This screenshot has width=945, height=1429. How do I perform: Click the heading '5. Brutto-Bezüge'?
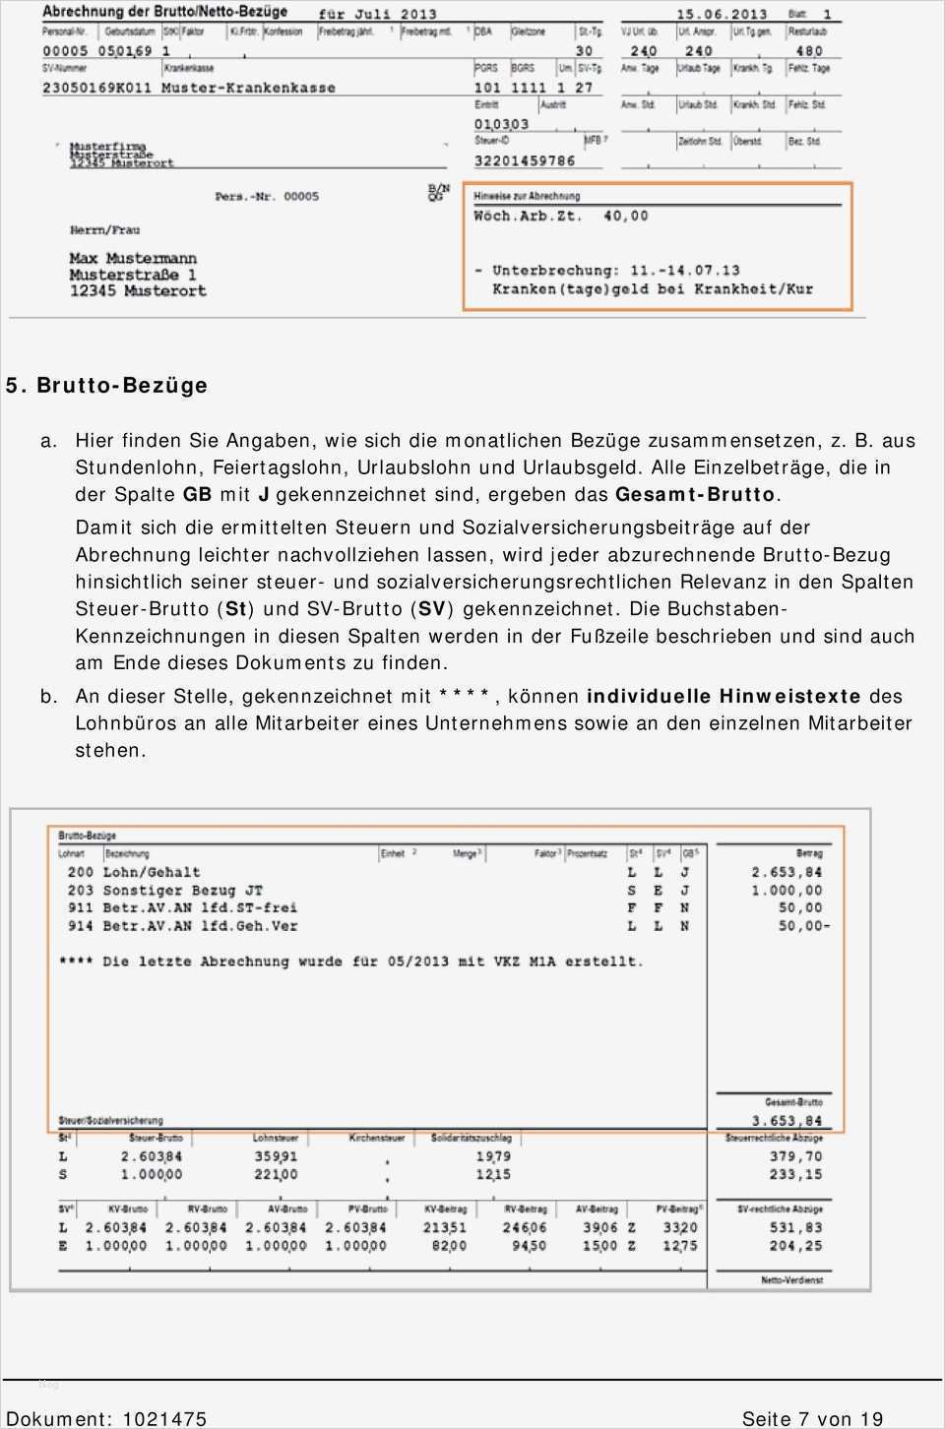(106, 385)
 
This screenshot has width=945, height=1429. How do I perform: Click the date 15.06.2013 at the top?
(722, 14)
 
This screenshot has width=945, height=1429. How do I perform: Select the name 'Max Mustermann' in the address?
(133, 258)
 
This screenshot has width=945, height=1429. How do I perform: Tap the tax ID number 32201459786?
(524, 160)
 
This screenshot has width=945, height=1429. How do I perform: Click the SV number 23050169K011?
(96, 88)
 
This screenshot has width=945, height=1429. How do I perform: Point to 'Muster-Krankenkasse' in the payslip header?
(248, 88)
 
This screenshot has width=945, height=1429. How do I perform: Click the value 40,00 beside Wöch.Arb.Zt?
(625, 216)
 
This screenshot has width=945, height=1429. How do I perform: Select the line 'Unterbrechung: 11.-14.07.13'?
(615, 270)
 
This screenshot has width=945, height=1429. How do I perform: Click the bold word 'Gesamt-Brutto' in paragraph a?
(695, 494)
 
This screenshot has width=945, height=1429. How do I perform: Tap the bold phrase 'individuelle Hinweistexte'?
(724, 696)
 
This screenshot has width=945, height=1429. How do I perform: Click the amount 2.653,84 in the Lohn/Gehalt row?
(786, 872)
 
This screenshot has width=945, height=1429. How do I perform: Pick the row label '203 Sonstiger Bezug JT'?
(164, 890)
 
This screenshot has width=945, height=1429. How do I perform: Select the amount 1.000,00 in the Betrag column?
(786, 890)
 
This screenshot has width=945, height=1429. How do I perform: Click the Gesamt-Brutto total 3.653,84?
(786, 1120)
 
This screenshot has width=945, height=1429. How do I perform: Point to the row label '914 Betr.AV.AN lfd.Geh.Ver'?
(182, 925)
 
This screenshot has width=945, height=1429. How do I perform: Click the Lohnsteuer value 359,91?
(276, 1156)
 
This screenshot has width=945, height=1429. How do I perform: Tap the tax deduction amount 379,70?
(795, 1156)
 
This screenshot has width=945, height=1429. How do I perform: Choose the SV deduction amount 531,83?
(795, 1227)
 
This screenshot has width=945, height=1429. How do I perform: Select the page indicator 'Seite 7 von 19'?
(812, 1418)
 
